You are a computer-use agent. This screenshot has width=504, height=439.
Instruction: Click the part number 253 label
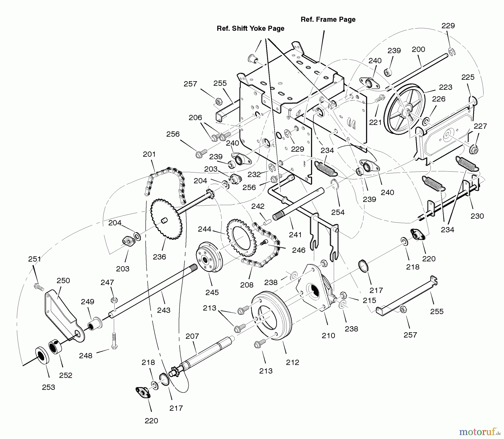(x=48, y=387)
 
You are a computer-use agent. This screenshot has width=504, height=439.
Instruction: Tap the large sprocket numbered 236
(x=166, y=218)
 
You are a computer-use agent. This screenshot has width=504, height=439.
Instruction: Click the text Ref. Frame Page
(x=328, y=19)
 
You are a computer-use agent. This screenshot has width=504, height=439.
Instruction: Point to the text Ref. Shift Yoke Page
(x=251, y=28)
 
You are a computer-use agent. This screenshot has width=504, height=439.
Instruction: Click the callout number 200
(x=418, y=49)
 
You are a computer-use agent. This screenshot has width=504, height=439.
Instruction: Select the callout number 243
(x=164, y=310)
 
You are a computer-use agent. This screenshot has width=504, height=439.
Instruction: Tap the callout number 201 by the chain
(x=149, y=154)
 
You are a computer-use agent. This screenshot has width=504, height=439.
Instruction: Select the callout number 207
(x=192, y=336)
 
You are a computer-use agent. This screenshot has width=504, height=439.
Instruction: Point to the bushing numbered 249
(x=94, y=324)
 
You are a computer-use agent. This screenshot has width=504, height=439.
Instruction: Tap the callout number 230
(x=477, y=216)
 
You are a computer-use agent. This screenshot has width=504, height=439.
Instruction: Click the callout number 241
(x=295, y=235)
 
